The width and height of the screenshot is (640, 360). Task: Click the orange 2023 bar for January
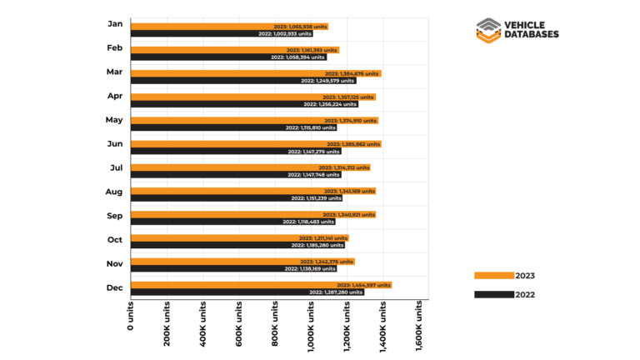pos(229,27)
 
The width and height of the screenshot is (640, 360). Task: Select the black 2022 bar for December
pos(247,292)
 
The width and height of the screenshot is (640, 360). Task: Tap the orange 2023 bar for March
pos(256,73)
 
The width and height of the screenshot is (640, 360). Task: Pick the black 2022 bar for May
pos(234,127)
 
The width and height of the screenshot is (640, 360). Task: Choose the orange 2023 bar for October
pos(240,237)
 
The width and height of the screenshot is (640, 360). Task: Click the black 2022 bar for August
pos(237,198)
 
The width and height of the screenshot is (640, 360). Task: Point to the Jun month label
pos(115,143)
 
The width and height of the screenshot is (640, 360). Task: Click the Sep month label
pos(115,215)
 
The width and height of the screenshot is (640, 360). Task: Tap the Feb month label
pos(115,47)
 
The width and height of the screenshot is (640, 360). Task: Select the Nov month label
pos(115,263)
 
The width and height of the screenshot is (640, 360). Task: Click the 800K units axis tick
pos(275,325)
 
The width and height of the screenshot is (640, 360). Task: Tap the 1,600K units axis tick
pos(419,327)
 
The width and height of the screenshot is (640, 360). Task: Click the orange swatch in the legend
pos(492,275)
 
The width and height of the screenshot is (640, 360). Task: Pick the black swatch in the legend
pos(492,294)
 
